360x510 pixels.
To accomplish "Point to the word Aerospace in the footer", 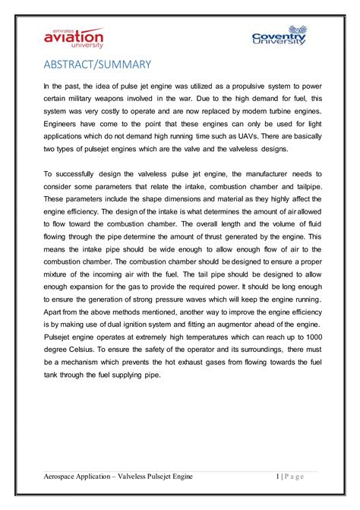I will point(62,477).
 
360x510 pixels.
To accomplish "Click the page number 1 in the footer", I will point(277,477).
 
